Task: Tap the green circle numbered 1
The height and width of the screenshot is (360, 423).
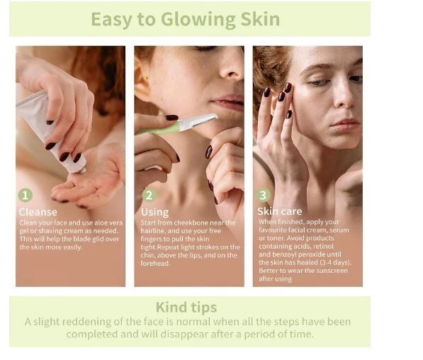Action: pyautogui.click(x=26, y=195)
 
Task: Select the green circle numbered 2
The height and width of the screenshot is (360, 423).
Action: pyautogui.click(x=150, y=195)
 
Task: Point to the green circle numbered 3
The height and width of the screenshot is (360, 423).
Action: pyautogui.click(x=263, y=195)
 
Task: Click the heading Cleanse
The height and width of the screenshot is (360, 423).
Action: pyautogui.click(x=38, y=212)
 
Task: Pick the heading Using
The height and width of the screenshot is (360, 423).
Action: pyautogui.click(x=155, y=213)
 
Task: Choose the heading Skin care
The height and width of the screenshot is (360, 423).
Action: pyautogui.click(x=279, y=211)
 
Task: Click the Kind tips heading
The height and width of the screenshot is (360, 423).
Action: pyautogui.click(x=186, y=308)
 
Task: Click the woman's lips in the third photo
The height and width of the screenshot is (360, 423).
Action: pyautogui.click(x=344, y=125)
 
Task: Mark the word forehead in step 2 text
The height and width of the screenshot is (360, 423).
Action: pyautogui.click(x=155, y=264)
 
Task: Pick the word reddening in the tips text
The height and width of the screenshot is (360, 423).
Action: pyautogui.click(x=86, y=322)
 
